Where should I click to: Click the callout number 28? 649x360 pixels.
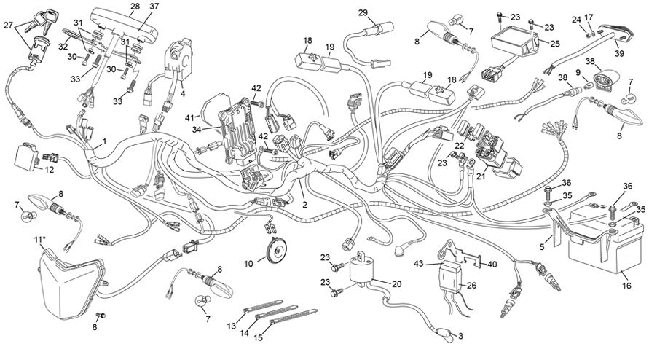coord(135,7)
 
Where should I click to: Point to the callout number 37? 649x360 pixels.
coord(154,7)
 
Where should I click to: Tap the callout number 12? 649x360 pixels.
coord(50,170)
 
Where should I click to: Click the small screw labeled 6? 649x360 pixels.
coord(101,315)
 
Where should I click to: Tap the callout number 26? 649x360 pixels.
coord(471,286)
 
